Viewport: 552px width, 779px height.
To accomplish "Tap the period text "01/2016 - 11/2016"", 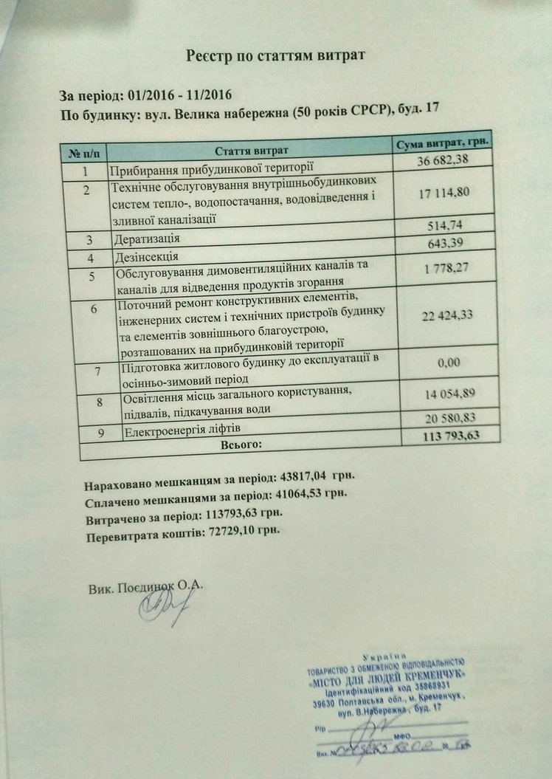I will (180, 95).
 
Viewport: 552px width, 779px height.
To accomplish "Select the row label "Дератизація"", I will (147, 239).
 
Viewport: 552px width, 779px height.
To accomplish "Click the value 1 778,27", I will (446, 269).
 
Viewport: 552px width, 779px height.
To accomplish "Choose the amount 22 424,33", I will (447, 315).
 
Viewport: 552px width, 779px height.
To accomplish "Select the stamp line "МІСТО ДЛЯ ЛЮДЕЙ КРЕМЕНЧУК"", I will (390, 679).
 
